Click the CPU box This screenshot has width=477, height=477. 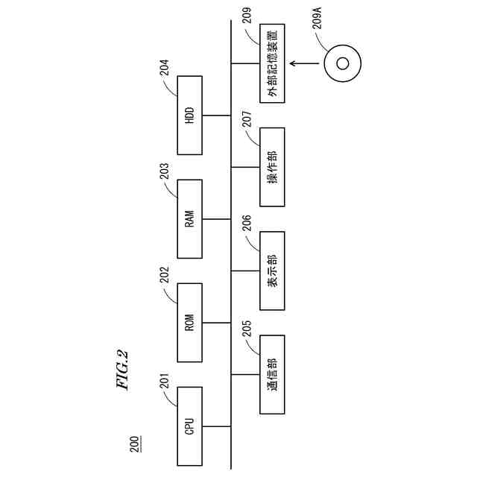[x=189, y=426]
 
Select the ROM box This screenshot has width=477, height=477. [x=189, y=323]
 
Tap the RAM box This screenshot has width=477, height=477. [x=189, y=219]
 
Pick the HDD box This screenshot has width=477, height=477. [x=189, y=116]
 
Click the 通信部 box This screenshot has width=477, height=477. [x=272, y=374]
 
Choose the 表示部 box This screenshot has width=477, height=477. [x=272, y=271]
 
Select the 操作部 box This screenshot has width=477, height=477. [x=272, y=167]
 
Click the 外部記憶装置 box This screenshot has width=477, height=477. [x=272, y=63]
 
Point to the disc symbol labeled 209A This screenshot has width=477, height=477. [x=342, y=63]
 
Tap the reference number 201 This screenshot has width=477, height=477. [x=164, y=381]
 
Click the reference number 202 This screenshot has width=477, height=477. [x=164, y=276]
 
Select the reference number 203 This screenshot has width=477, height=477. [x=164, y=172]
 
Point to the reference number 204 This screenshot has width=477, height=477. [x=164, y=69]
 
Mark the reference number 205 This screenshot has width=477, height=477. [x=247, y=329]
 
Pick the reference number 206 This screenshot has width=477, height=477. [x=247, y=224]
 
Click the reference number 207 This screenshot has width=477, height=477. [x=247, y=120]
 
